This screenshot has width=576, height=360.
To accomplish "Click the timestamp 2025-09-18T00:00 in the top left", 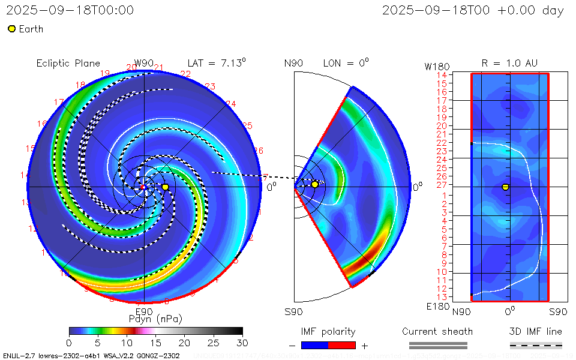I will (70, 10).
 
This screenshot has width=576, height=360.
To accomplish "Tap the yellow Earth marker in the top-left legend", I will (11, 29).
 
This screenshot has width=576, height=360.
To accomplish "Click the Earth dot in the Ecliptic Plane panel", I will (165, 187).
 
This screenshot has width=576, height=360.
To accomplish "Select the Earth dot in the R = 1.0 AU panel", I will (505, 187).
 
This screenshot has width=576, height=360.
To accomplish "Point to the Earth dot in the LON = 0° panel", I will (314, 184).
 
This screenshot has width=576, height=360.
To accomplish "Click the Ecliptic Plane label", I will (68, 63).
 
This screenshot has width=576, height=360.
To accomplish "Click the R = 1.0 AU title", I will (509, 63).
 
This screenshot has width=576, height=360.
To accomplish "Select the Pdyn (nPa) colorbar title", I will (155, 318).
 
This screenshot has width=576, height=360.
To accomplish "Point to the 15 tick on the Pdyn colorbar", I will (155, 342).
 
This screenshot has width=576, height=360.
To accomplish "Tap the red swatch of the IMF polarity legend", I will (342, 345).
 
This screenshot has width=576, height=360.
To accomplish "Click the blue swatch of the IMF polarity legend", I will (314, 345).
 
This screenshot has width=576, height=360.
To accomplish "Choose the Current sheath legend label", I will (437, 331).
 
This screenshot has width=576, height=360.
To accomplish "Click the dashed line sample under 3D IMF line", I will (536, 345).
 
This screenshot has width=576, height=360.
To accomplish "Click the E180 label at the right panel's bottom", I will (436, 307).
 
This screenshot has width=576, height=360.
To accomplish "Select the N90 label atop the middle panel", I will (294, 63).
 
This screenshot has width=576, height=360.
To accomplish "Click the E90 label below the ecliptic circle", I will (144, 311).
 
